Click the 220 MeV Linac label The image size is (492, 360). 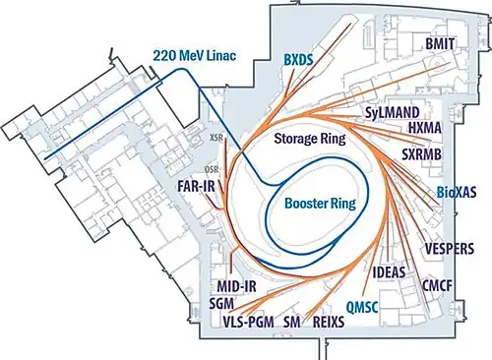coord(195,56)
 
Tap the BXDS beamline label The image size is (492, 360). coord(298,60)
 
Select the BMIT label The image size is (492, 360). coord(440,44)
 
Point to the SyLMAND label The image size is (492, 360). coord(393,113)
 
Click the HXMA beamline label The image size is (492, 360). coord(425,128)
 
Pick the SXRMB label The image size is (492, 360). coord(422,154)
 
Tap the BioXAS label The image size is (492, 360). coord(457,193)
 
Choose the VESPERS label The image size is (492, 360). coord(450,249)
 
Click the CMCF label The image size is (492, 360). coord(437,285)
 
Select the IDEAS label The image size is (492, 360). coord(389,272)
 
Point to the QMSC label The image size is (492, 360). coord(362,307)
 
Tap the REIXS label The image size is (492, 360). coord(329,322)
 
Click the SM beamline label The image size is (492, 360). coord(292,322)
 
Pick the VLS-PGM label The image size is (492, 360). coord(248,322)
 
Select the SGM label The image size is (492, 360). coord(221,303)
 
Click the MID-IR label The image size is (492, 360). coord(236,286)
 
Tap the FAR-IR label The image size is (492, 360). coord(196,186)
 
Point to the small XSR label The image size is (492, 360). coord(215,138)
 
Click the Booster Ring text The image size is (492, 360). coord(320,204)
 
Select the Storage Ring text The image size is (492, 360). coord(310,139)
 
